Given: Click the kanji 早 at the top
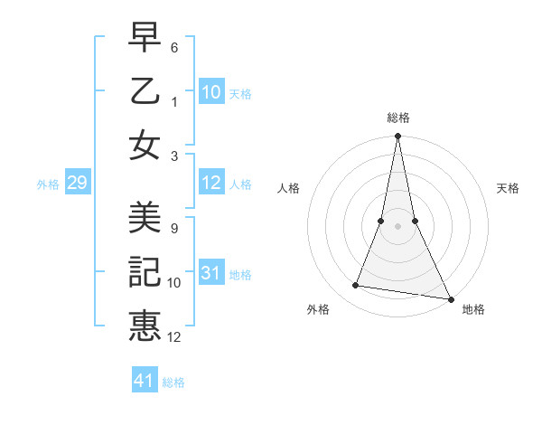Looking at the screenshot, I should click(x=145, y=39).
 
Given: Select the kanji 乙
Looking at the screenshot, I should click(x=145, y=90).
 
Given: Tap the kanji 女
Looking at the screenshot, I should click(x=145, y=145).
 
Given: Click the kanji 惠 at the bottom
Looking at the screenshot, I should click(x=145, y=325).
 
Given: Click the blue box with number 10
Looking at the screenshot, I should click(x=210, y=92).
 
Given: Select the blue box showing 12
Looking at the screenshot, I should click(x=210, y=184).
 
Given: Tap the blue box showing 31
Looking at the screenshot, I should click(x=210, y=274).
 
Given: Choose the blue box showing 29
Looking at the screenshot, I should click(x=77, y=184).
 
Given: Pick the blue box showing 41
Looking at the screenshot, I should click(x=145, y=381).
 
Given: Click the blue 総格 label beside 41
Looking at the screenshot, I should click(x=173, y=382).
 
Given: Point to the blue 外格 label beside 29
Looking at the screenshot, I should click(x=48, y=184).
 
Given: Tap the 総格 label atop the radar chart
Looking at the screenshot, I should click(x=397, y=118).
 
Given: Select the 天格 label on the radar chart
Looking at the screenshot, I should click(x=509, y=189).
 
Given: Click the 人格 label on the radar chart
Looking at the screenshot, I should click(x=289, y=189).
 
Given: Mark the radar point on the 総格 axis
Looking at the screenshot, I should click(x=397, y=137).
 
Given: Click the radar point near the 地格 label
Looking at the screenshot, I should click(x=450, y=298).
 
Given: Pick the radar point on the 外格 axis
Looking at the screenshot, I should click(x=356, y=286).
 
